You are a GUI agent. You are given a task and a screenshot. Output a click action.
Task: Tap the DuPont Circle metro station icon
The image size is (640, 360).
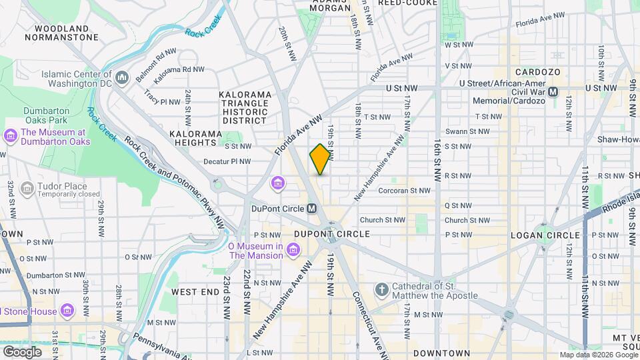pyautogui.click(x=311, y=208)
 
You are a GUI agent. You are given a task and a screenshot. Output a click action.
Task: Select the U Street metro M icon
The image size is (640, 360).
pyautogui.click(x=553, y=91)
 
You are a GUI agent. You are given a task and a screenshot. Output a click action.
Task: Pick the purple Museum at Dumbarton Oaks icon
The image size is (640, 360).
pyautogui.click(x=10, y=137)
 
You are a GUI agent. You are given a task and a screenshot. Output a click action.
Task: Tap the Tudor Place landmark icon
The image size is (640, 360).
pyautogui.click(x=27, y=190)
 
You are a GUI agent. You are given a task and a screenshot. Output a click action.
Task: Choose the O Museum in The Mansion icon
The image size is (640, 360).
pyautogui.click(x=293, y=251)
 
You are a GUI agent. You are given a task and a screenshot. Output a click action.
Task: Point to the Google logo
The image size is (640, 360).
pyautogui.click(x=21, y=352)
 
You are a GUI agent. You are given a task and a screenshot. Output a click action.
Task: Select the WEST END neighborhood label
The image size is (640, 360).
pyautogui.click(x=195, y=292)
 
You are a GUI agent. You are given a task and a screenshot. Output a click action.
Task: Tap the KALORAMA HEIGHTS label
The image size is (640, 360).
pyautogui.click(x=195, y=133)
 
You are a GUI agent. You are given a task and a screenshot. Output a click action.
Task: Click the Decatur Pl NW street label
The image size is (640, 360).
pyautogui.click(x=227, y=161)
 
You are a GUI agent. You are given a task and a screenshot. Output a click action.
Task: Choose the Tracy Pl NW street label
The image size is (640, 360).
pyautogui.click(x=162, y=102)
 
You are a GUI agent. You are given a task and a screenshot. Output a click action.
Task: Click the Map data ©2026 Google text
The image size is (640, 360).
pyautogui.click(x=598, y=355)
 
